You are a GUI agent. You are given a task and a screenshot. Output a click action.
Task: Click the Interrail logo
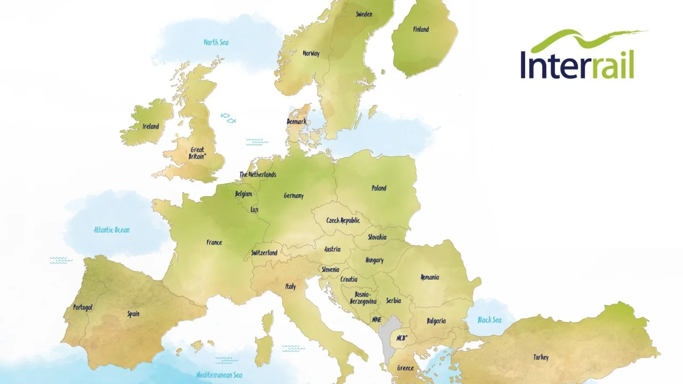pyautogui.click(x=579, y=56)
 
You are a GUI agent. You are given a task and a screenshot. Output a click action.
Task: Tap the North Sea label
pyautogui.click(x=216, y=42)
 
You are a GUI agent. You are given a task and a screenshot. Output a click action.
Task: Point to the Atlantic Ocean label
pyautogui.click(x=112, y=230)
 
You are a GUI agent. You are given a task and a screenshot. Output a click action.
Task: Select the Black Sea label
pyautogui.click(x=489, y=320)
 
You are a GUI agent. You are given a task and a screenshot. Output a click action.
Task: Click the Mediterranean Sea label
pyautogui.click(x=219, y=375)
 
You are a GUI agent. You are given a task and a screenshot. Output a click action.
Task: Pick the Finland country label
pyautogui.click(x=421, y=29)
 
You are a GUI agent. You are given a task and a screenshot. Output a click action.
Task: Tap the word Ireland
pyautogui.click(x=150, y=126)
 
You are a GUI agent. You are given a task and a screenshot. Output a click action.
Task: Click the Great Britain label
pyautogui.click(x=197, y=154)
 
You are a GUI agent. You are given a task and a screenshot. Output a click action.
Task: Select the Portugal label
pyautogui.click(x=83, y=307)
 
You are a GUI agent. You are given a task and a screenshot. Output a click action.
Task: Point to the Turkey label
pyautogui.click(x=541, y=357)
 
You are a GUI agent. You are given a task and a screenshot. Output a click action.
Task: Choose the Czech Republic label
pyautogui.click(x=343, y=220)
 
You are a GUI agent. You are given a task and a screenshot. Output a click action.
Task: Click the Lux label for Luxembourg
pyautogui.click(x=255, y=210)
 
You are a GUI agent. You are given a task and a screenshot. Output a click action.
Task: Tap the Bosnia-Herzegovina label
pyautogui.click(x=363, y=298)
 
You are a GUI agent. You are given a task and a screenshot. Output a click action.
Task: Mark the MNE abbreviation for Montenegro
pyautogui.click(x=376, y=319)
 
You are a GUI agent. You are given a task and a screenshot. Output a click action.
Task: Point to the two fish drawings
pyautogui.click(x=228, y=118)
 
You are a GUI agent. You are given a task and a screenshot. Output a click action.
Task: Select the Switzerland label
pyautogui.click(x=264, y=253)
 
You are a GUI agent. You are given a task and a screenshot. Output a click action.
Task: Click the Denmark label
pyautogui.click(x=297, y=122)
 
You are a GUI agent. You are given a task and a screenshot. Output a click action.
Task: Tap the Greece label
pyautogui.click(x=405, y=368)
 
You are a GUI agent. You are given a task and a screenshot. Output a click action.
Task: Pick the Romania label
pyautogui.click(x=430, y=277)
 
